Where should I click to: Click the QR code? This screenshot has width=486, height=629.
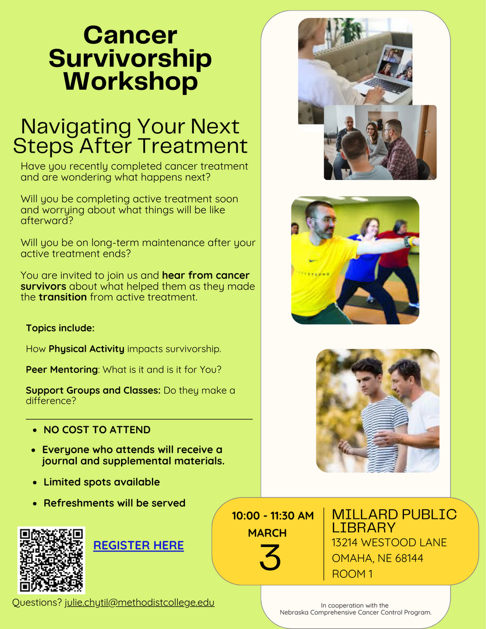pyautogui.click(x=51, y=560)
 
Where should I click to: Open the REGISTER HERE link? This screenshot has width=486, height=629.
pyautogui.click(x=139, y=545)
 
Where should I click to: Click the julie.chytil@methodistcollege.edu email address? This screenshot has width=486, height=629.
pyautogui.click(x=140, y=603)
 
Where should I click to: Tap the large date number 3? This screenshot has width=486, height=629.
pyautogui.click(x=270, y=557)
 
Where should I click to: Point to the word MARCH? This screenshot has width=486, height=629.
pyautogui.click(x=267, y=533)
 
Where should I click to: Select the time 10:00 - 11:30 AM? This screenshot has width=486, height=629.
pyautogui.click(x=272, y=516)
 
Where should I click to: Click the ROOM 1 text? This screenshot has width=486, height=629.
pyautogui.click(x=352, y=574)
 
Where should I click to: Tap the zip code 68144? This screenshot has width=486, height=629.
pyautogui.click(x=409, y=559)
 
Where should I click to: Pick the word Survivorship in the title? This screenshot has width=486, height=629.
pyautogui.click(x=130, y=58)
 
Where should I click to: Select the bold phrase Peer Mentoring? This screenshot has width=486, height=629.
pyautogui.click(x=62, y=369)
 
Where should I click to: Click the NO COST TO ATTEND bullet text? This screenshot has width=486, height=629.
pyautogui.click(x=97, y=430)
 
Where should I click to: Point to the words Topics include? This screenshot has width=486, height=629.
pyautogui.click(x=60, y=328)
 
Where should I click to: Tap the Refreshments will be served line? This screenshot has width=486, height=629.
pyautogui.click(x=115, y=503)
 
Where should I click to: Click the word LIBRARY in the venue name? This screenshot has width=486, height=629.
pyautogui.click(x=364, y=528)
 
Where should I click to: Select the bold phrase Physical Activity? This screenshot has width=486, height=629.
pyautogui.click(x=87, y=349)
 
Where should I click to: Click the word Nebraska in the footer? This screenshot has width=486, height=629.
pyautogui.click(x=295, y=613)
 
